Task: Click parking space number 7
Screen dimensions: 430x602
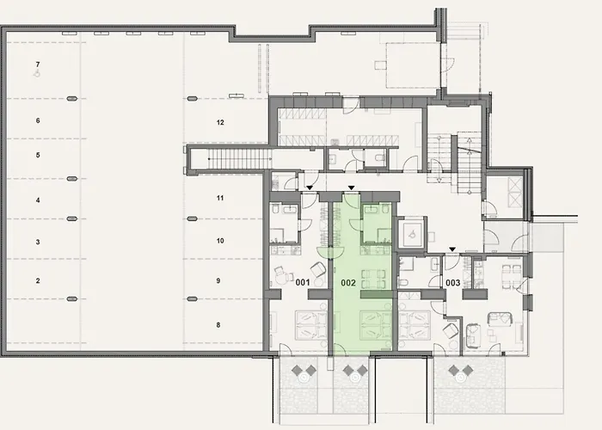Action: tap(37, 65)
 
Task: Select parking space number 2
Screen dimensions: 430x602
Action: tap(37, 281)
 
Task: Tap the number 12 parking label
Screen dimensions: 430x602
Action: tap(220, 123)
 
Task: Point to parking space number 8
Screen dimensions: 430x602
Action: tap(219, 324)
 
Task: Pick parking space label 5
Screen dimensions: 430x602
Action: tap(37, 155)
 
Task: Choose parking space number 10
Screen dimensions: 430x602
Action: tap(219, 241)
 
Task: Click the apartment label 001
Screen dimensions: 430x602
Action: tap(302, 282)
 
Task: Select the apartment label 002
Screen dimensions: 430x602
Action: tap(348, 282)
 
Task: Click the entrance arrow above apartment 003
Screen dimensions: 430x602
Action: tap(452, 249)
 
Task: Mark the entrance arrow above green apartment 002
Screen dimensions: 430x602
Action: tap(351, 187)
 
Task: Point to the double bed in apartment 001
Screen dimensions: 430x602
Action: tap(303, 325)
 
